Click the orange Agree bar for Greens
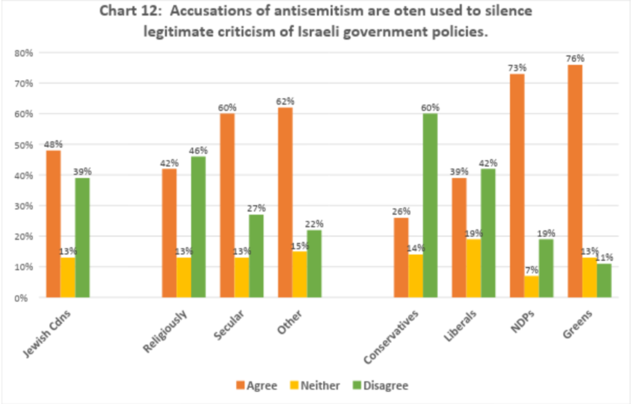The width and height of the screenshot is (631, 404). (575, 181)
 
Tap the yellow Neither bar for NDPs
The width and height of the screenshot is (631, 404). (531, 286)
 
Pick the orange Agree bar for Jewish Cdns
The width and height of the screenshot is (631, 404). (52, 224)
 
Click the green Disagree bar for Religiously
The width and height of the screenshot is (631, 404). (198, 227)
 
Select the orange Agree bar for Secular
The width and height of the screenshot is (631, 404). (227, 206)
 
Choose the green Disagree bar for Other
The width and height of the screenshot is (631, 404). (314, 264)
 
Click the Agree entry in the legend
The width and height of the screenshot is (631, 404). (256, 386)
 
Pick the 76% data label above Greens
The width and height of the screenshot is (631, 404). (575, 59)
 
